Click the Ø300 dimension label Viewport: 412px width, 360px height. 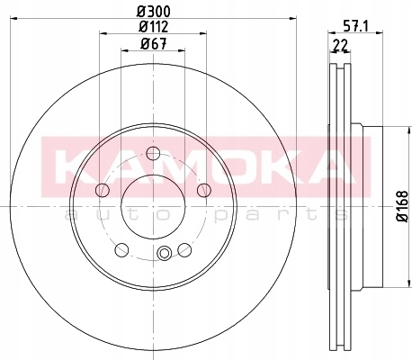coord(154,12)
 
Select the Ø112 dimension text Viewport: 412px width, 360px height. coord(154,27)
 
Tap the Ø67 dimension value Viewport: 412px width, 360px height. coord(154,44)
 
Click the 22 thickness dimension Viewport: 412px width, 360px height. coord(340,46)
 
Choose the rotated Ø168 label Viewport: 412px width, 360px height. coord(402,206)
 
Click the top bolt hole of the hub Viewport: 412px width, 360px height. coord(153,153)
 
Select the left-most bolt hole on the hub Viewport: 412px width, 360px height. coord(103,190)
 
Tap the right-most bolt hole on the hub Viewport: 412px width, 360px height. coord(204,190)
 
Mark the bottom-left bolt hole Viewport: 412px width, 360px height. coord(121,249)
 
